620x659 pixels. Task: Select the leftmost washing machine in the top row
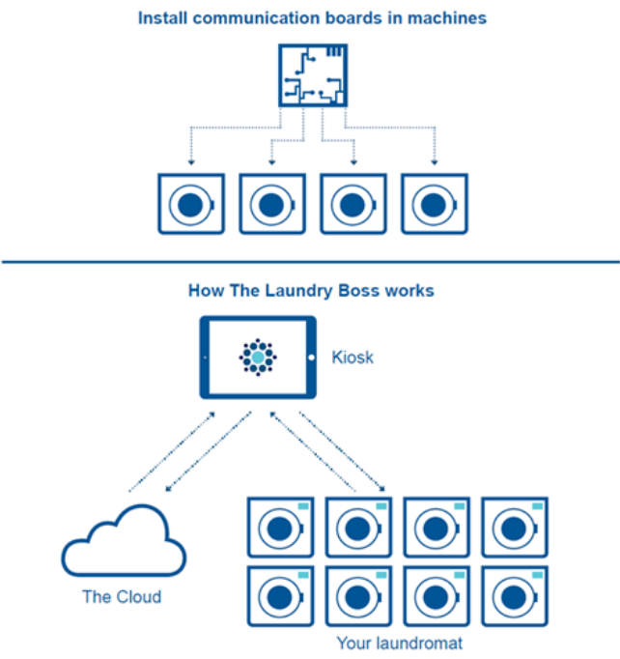191,204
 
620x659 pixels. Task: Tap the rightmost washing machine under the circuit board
434,204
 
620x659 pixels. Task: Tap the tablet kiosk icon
258,358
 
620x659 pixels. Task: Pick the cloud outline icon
123,547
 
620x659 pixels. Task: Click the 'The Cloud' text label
122,596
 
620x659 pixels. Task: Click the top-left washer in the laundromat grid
280,528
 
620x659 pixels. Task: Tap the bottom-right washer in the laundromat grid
514,596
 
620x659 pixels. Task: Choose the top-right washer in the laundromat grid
514,528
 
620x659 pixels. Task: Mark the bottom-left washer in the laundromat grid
280,596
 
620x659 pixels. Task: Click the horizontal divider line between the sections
310,262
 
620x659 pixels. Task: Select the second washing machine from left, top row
271,204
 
